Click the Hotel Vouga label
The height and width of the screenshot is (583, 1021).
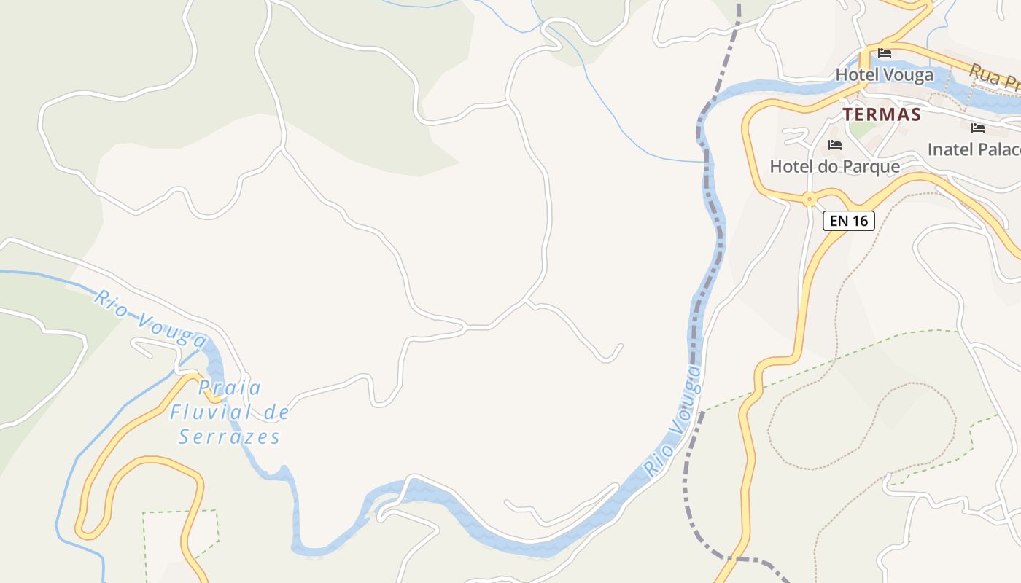pyautogui.click(x=884, y=75)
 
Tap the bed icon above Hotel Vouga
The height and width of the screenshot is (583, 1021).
pyautogui.click(x=885, y=53)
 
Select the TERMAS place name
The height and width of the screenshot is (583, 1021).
pyautogui.click(x=882, y=114)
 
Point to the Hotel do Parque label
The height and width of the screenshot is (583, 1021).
pyautogui.click(x=834, y=166)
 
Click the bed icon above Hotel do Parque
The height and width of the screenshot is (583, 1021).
pyautogui.click(x=835, y=145)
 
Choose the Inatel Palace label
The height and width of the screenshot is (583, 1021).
pyautogui.click(x=973, y=149)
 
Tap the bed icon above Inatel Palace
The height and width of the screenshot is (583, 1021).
pyautogui.click(x=978, y=128)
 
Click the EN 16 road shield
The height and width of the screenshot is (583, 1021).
pyautogui.click(x=848, y=220)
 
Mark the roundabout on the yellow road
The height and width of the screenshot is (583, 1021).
pyautogui.click(x=808, y=198)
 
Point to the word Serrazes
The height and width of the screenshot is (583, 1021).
pyautogui.click(x=230, y=437)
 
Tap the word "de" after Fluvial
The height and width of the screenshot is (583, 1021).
pyautogui.click(x=276, y=413)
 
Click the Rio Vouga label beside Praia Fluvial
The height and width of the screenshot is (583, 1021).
pyautogui.click(x=150, y=318)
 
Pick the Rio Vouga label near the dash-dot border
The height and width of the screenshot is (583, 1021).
pyautogui.click(x=673, y=422)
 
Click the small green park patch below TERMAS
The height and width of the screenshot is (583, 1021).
pyautogui.click(x=863, y=129)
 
